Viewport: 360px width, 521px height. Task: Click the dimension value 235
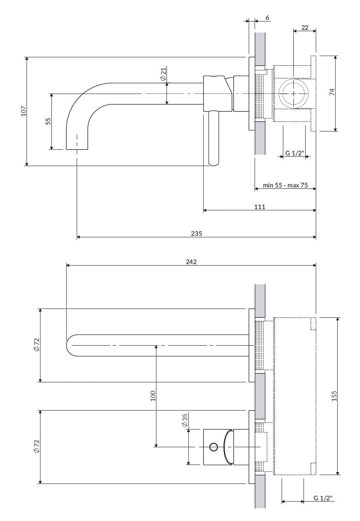coord(196,233)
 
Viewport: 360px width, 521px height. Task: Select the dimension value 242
coord(191,261)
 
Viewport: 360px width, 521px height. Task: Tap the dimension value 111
coord(260,207)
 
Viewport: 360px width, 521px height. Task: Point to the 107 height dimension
coord(24,111)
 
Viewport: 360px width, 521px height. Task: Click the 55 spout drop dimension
coord(48,121)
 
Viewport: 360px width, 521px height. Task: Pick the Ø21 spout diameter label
coord(163,73)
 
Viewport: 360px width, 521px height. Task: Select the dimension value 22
coord(305,28)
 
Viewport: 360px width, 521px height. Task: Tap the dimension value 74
coord(331,92)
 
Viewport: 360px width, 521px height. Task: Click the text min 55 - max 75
coord(285,185)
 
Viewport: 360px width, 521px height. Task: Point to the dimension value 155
coord(334,396)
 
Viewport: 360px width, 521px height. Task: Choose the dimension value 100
coord(153,395)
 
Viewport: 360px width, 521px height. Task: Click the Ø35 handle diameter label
coord(185,421)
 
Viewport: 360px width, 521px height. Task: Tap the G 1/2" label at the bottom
coord(323,498)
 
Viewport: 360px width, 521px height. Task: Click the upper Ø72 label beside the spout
coord(37,345)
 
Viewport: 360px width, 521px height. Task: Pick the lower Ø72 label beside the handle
coord(37,446)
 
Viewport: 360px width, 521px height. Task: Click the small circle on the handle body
coord(213,447)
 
